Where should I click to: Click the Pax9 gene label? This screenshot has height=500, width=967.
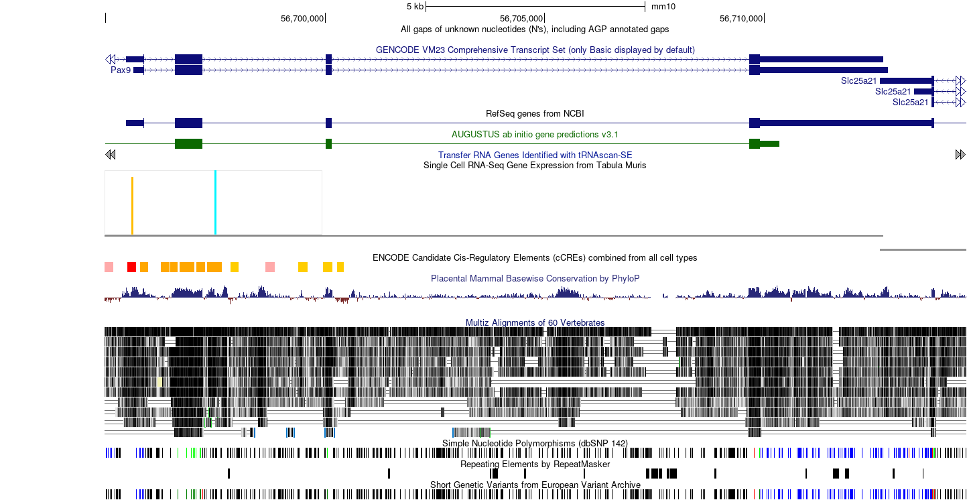click(121, 70)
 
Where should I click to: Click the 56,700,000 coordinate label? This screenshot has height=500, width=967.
click(302, 19)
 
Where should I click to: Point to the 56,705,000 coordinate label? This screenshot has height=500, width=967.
click(521, 19)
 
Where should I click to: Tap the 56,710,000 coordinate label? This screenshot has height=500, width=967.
click(741, 19)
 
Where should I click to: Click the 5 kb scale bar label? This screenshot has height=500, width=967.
click(415, 7)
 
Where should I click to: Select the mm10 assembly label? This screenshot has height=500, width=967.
click(663, 7)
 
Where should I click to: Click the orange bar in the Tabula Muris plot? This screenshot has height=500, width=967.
click(132, 206)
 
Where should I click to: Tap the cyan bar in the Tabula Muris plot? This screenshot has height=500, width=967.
click(215, 202)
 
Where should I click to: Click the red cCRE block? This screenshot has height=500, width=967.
click(131, 267)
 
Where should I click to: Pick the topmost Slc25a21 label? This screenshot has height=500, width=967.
click(858, 80)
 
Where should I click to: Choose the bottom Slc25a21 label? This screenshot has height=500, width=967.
click(911, 103)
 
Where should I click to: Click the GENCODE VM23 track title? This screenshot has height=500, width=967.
click(535, 50)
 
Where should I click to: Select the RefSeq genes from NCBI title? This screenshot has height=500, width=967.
click(535, 113)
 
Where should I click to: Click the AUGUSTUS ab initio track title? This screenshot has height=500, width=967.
click(535, 134)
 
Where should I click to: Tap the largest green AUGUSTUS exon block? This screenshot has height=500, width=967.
click(189, 144)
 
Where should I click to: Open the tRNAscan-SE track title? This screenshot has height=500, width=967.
click(535, 155)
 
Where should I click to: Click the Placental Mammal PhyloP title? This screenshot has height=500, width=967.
click(535, 279)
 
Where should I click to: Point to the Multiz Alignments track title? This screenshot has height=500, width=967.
click(535, 322)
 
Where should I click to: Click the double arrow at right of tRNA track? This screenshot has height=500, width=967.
click(960, 155)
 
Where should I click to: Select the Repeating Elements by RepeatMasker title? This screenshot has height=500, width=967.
click(535, 464)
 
